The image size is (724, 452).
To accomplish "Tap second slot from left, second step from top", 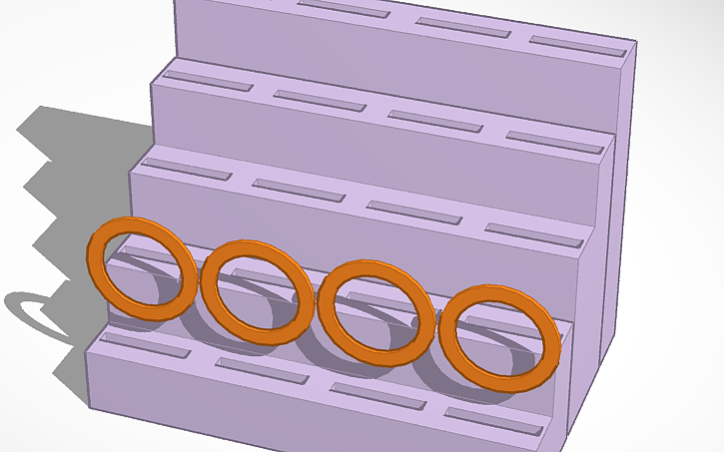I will pos(319,101).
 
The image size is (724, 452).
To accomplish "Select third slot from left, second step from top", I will pos(434,122).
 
